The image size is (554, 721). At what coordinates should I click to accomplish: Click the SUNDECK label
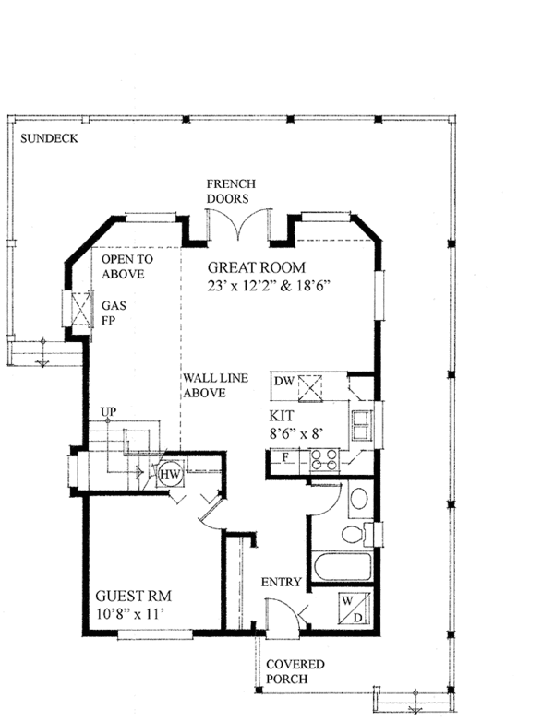(49, 138)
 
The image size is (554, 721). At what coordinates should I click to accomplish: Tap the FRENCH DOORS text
(231, 191)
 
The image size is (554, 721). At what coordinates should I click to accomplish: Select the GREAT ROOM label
(257, 267)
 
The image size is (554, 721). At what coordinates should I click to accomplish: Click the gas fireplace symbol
(81, 309)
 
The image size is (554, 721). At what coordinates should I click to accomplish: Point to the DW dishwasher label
(284, 381)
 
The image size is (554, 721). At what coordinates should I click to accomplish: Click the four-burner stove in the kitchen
(324, 459)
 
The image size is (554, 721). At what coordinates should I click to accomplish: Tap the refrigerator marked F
(284, 458)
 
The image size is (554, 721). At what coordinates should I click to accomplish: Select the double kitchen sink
(362, 426)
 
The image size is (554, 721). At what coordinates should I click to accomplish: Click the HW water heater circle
(171, 474)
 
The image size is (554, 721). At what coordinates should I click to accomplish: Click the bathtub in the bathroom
(343, 566)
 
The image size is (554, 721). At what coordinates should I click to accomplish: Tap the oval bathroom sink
(359, 499)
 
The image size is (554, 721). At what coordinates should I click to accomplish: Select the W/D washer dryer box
(355, 609)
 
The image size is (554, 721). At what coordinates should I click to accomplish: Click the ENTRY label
(281, 582)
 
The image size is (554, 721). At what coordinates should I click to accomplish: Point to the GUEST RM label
(133, 597)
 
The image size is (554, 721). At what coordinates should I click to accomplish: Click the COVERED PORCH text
(295, 671)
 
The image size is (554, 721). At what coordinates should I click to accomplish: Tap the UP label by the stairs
(109, 411)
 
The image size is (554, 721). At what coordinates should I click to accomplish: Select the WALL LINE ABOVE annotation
(215, 385)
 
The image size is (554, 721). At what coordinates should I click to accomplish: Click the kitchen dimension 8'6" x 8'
(295, 433)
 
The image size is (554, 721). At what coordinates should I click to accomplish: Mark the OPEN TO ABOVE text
(127, 266)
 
